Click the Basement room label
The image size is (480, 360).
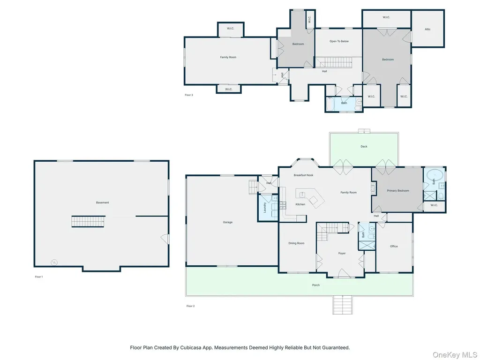click(x=102, y=202)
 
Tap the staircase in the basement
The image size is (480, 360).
click(x=88, y=221)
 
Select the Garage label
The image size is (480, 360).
click(x=227, y=222)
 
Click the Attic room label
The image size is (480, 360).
click(x=427, y=30)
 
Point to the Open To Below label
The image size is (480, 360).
click(x=339, y=41)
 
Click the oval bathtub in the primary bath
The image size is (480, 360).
click(x=435, y=176)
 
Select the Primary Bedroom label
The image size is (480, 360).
click(x=398, y=191)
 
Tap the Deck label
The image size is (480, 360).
click(x=364, y=147)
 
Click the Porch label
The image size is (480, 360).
click(x=316, y=285)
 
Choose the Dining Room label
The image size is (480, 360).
click(x=296, y=243)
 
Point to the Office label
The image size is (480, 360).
click(x=394, y=247)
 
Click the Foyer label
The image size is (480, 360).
click(x=342, y=254)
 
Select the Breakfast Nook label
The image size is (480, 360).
click(x=303, y=175)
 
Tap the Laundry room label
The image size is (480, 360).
click(x=265, y=208)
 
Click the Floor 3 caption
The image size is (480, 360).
click(x=189, y=95)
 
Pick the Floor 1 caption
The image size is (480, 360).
click(x=39, y=277)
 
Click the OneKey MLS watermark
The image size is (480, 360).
click(x=454, y=354)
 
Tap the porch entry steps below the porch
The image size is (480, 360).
click(x=343, y=305)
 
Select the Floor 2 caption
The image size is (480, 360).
click(x=190, y=306)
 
